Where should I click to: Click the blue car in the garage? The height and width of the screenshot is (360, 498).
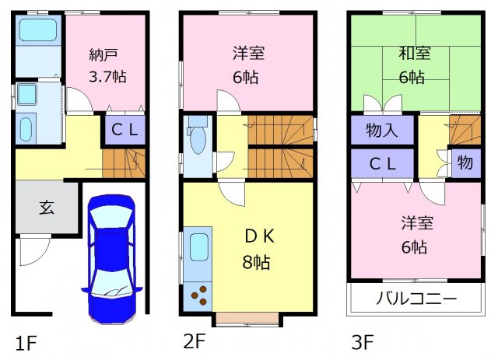[112, 259]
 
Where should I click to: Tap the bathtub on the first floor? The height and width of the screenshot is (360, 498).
[38, 30]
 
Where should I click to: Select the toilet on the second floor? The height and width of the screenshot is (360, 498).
[197, 135]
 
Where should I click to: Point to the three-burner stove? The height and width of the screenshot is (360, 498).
[199, 295]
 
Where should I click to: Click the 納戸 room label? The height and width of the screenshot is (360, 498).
[103, 54]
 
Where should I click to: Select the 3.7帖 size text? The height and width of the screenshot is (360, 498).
[107, 77]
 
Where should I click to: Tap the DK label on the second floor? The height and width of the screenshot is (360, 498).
[259, 236]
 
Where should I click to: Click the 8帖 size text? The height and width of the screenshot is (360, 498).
[256, 262]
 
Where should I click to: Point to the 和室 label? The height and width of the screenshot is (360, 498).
[415, 53]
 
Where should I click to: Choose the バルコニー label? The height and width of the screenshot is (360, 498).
[416, 299]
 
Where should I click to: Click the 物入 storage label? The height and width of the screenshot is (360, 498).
[382, 130]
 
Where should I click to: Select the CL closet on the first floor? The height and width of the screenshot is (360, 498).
[124, 129]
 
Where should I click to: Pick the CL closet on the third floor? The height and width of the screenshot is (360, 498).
[382, 164]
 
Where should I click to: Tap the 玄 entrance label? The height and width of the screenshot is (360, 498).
[47, 208]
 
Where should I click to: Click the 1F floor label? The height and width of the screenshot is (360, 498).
[26, 343]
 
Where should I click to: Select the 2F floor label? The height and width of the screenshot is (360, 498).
[195, 341]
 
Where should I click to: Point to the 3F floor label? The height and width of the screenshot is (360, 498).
[363, 342]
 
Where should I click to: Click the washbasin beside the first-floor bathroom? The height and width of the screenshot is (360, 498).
[26, 94]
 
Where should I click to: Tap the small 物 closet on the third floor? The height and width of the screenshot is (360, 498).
[465, 163]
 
